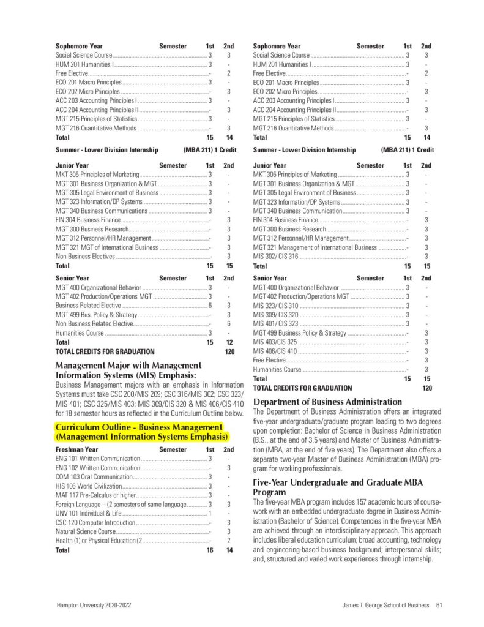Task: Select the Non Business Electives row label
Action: coord(85,257)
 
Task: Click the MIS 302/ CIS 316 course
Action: coord(275,257)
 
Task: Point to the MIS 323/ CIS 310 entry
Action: coord(275,306)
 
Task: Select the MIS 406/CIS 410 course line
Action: coord(275,351)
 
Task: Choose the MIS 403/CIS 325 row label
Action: coord(275,342)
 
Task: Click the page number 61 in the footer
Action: coord(439,606)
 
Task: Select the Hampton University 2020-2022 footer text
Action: coord(93,606)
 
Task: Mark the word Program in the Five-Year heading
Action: coord(269,492)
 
